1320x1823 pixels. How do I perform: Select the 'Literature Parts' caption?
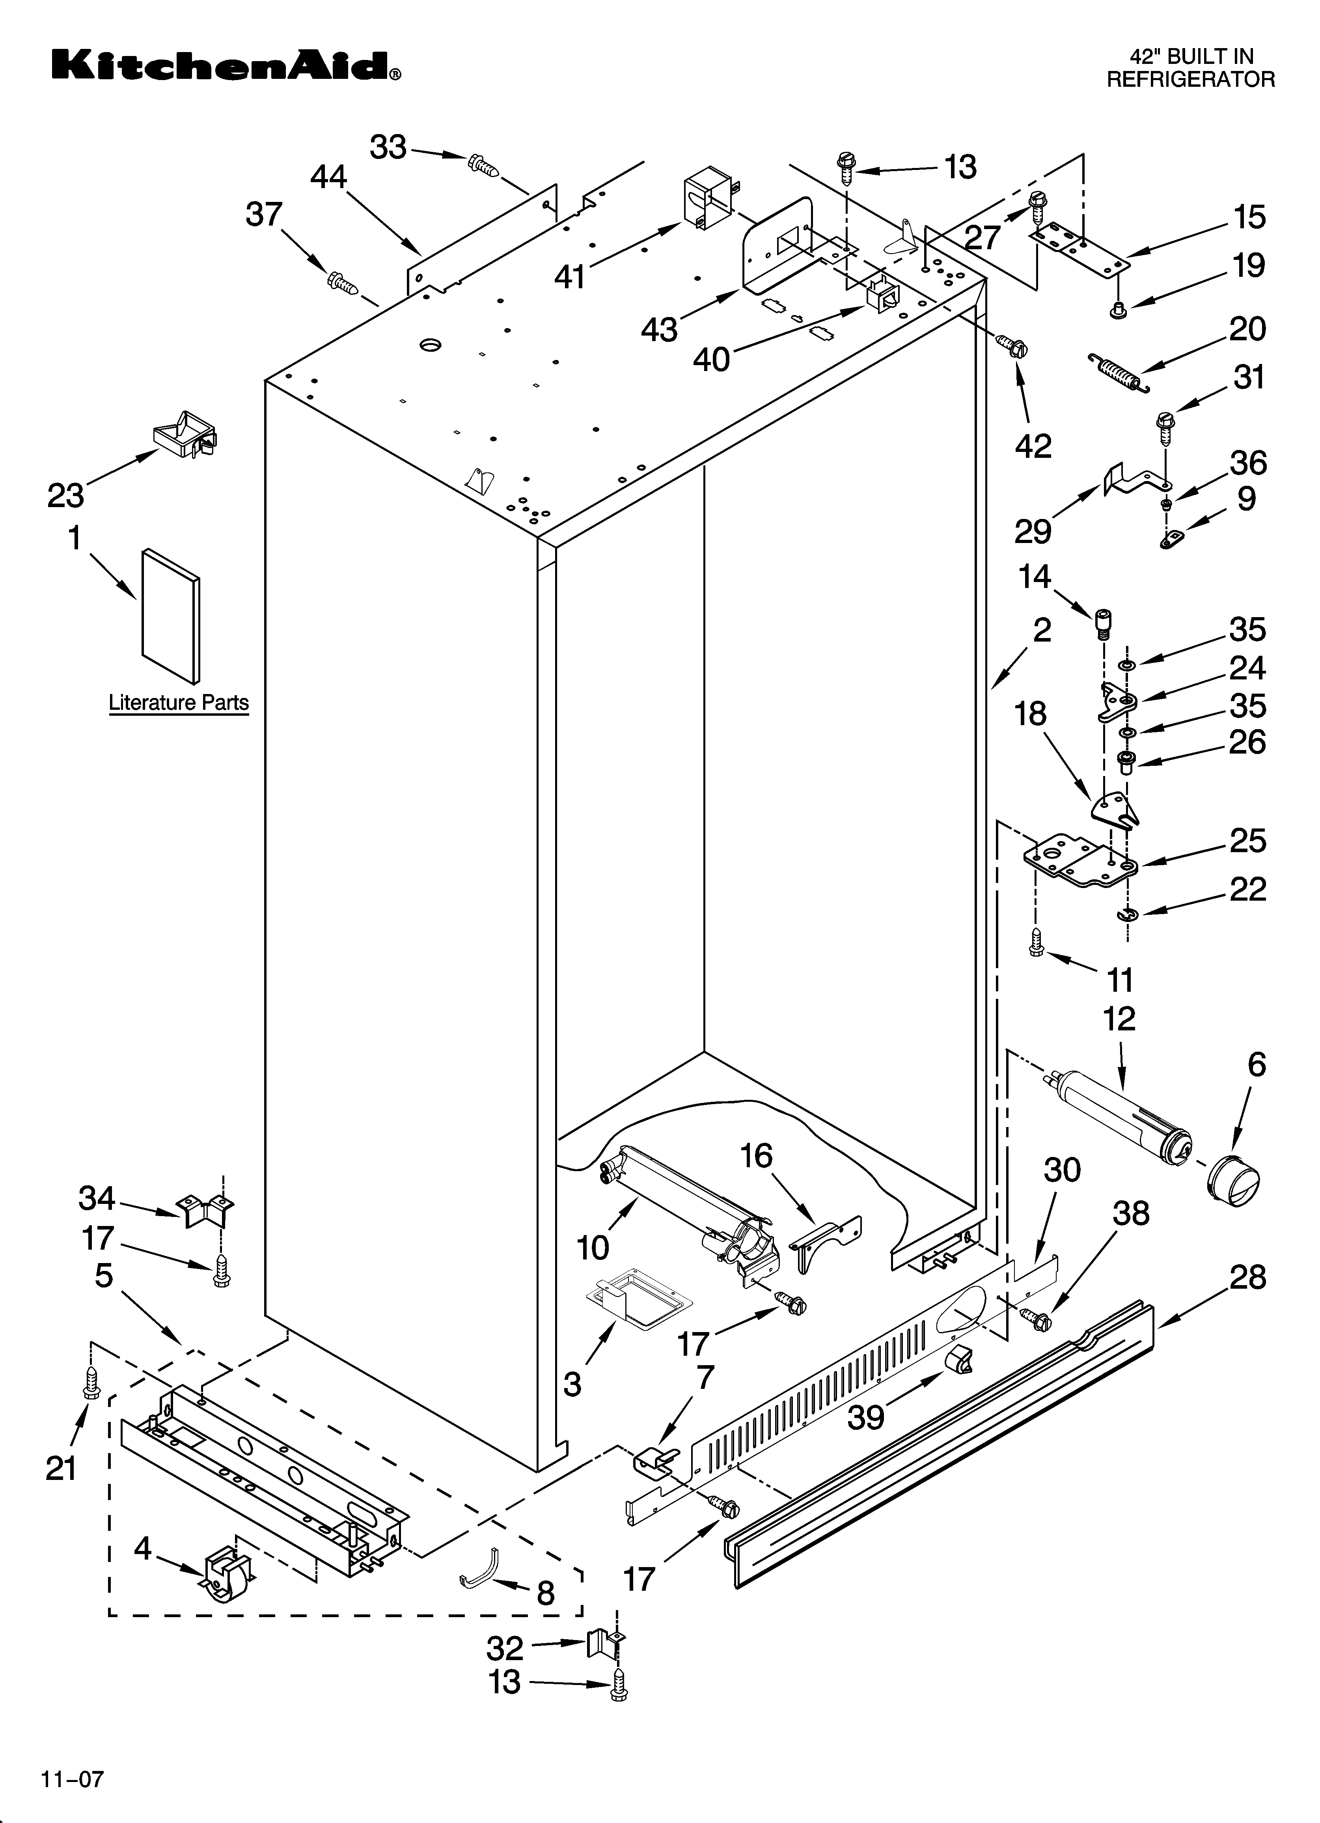click(x=179, y=703)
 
